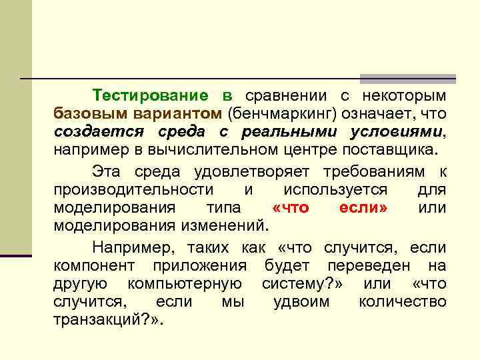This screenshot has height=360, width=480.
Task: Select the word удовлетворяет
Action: [253, 172]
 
